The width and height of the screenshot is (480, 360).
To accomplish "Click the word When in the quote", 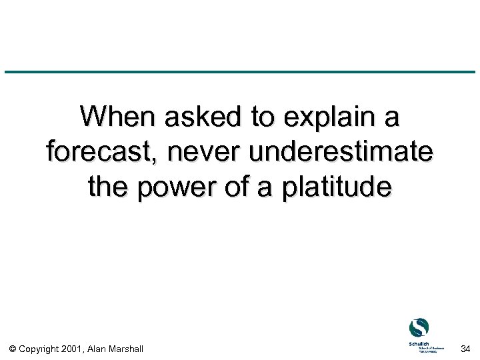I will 117,118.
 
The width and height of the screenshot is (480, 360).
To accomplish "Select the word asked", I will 204,118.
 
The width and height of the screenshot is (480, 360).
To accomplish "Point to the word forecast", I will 103,153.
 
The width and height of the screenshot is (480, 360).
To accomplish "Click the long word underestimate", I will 341,153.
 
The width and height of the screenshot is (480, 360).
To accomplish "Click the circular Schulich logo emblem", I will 419,328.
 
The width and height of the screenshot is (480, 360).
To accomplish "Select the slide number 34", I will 465,348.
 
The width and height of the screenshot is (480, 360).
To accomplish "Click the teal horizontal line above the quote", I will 240,72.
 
